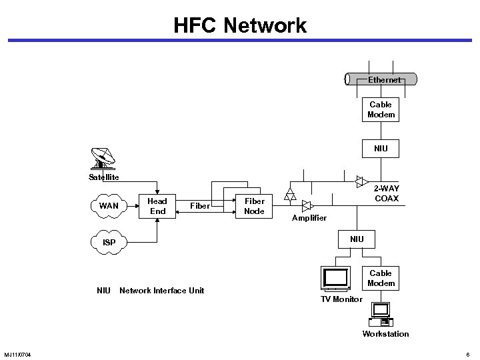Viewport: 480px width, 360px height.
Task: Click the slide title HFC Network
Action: pos(240,25)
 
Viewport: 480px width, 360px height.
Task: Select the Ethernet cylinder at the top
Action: pos(381,79)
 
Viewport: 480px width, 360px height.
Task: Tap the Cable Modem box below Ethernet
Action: pos(381,110)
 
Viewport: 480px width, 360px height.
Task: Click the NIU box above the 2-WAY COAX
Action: pos(381,147)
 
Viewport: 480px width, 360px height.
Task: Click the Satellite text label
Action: pos(104,177)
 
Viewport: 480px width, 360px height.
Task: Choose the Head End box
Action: pos(157,206)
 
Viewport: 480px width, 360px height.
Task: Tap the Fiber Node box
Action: pos(254,206)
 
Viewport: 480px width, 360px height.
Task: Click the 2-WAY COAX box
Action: pos(386,194)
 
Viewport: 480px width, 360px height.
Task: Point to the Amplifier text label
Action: pos(309,218)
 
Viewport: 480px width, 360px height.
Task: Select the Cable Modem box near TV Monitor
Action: pos(381,278)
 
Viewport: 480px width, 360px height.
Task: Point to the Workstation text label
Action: pos(385,333)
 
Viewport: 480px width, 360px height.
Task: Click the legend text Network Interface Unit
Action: pos(161,290)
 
